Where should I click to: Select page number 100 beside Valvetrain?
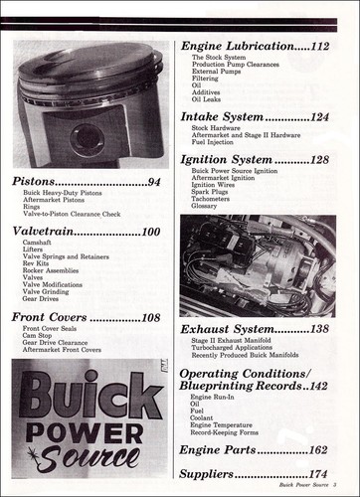(150, 232)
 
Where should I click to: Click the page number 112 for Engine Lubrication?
(319, 46)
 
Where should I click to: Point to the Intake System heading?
(221, 116)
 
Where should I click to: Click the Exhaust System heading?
(226, 328)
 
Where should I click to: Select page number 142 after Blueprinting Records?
(318, 386)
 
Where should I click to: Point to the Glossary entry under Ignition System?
(206, 206)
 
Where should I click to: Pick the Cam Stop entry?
(39, 336)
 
